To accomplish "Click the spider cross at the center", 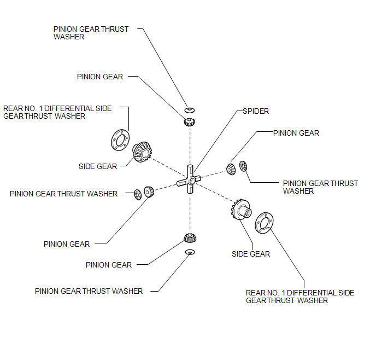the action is tap(189, 179).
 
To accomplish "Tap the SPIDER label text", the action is tap(256, 112).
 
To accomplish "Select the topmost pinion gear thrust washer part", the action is tap(190, 110).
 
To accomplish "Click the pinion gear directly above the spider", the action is tap(190, 122).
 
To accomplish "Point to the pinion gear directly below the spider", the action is tap(190, 238).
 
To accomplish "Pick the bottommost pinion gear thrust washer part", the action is tap(190, 252).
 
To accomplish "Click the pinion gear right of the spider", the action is tap(231, 169).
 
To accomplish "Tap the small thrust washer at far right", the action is tap(243, 166).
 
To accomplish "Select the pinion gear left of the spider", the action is tap(149, 191).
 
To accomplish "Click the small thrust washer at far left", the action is tap(138, 194).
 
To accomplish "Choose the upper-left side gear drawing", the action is tap(142, 152).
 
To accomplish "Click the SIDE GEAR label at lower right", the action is tap(251, 254).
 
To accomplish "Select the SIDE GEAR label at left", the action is tap(98, 166).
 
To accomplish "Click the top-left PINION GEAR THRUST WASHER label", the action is tap(91, 33).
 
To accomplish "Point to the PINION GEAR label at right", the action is tap(296, 133).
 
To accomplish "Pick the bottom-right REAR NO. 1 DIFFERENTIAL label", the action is tap(300, 297).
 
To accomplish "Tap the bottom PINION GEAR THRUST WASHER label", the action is tap(89, 292).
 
